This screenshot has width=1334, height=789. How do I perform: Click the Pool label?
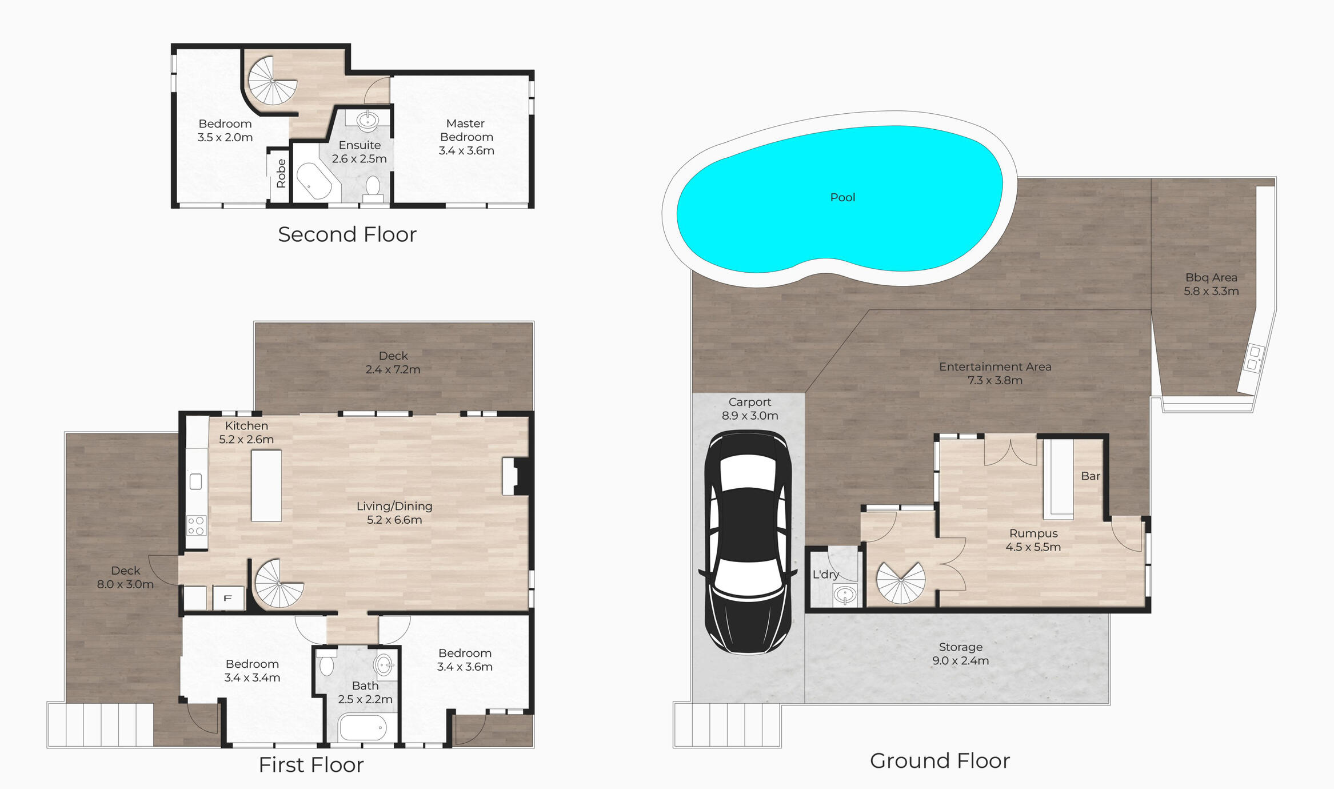click(x=842, y=197)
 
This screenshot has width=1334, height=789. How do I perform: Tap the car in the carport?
click(x=748, y=542)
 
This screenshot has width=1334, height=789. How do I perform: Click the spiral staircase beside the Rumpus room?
click(x=901, y=583)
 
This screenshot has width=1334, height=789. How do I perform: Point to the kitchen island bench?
click(x=266, y=485)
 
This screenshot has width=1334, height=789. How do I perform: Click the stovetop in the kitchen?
click(x=196, y=525)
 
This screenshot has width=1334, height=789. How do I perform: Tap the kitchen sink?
click(x=195, y=481)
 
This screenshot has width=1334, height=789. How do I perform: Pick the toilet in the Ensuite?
click(x=373, y=189)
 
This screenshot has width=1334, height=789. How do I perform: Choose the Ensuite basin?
click(x=367, y=121)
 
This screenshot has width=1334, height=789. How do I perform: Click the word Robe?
click(x=281, y=173)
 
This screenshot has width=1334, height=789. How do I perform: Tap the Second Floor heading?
click(x=348, y=234)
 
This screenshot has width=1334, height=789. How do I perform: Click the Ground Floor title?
click(x=940, y=761)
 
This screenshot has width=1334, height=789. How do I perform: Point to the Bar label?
click(x=1091, y=476)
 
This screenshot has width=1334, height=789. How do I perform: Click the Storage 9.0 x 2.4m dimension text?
click(x=960, y=661)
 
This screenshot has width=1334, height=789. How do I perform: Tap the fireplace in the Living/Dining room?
click(x=517, y=476)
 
